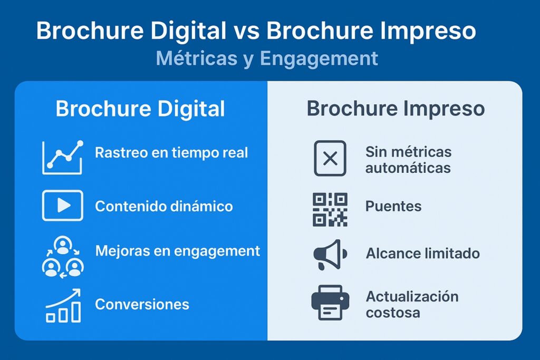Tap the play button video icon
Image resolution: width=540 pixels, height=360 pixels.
pyautogui.click(x=63, y=206)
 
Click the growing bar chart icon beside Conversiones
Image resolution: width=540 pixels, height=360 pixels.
pyautogui.click(x=63, y=306)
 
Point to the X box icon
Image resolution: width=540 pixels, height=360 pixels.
pyautogui.click(x=330, y=158)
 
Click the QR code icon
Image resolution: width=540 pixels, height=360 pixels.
pyautogui.click(x=330, y=209)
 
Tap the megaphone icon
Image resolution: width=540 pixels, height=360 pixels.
pyautogui.click(x=330, y=255)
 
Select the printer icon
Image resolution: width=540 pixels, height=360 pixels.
pyautogui.click(x=330, y=303)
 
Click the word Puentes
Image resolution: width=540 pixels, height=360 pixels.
pyautogui.click(x=393, y=207)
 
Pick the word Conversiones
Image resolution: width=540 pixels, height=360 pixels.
pyautogui.click(x=142, y=304)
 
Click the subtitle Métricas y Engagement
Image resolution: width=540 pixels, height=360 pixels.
pyautogui.click(x=267, y=59)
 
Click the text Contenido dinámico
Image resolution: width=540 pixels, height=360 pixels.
pyautogui.click(x=164, y=207)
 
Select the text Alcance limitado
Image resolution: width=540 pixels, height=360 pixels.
pyautogui.click(x=423, y=254)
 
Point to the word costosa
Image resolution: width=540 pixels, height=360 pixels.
pyautogui.click(x=393, y=313)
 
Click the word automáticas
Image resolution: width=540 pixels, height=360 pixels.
pyautogui.click(x=408, y=168)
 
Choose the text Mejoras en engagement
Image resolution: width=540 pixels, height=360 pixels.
pyautogui.click(x=178, y=251)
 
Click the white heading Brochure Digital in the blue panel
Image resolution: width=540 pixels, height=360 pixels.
pyautogui.click(x=140, y=109)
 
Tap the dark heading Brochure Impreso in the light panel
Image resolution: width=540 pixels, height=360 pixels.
pyautogui.click(x=396, y=109)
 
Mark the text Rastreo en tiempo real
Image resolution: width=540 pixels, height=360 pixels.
pyautogui.click(x=171, y=153)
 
